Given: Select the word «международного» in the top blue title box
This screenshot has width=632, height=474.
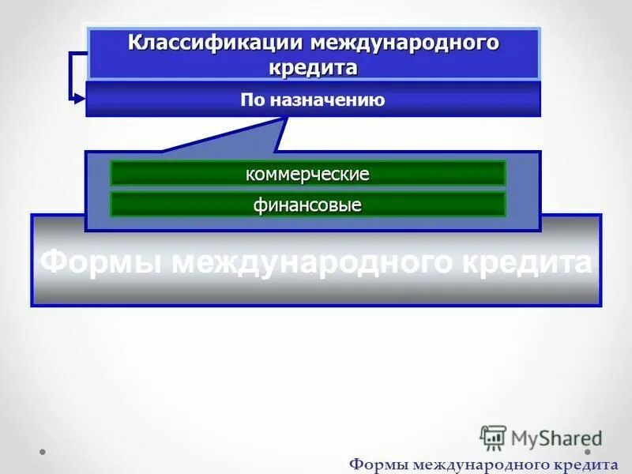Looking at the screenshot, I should pyautogui.click(x=405, y=43).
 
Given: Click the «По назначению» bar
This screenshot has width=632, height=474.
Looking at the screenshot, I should pyautogui.click(x=313, y=100).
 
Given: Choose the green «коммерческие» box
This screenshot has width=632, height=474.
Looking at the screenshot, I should pyautogui.click(x=307, y=174).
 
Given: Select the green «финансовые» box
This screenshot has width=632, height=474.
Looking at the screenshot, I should pyautogui.click(x=307, y=205).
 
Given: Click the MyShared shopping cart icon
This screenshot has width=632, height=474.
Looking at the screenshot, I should pyautogui.click(x=493, y=438).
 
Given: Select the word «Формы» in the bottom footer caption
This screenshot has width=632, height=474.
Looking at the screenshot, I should pyautogui.click(x=375, y=463).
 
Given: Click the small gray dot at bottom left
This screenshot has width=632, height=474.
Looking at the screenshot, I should pyautogui.click(x=43, y=453).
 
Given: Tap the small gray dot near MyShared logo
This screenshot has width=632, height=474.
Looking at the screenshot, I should pyautogui.click(x=587, y=453).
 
